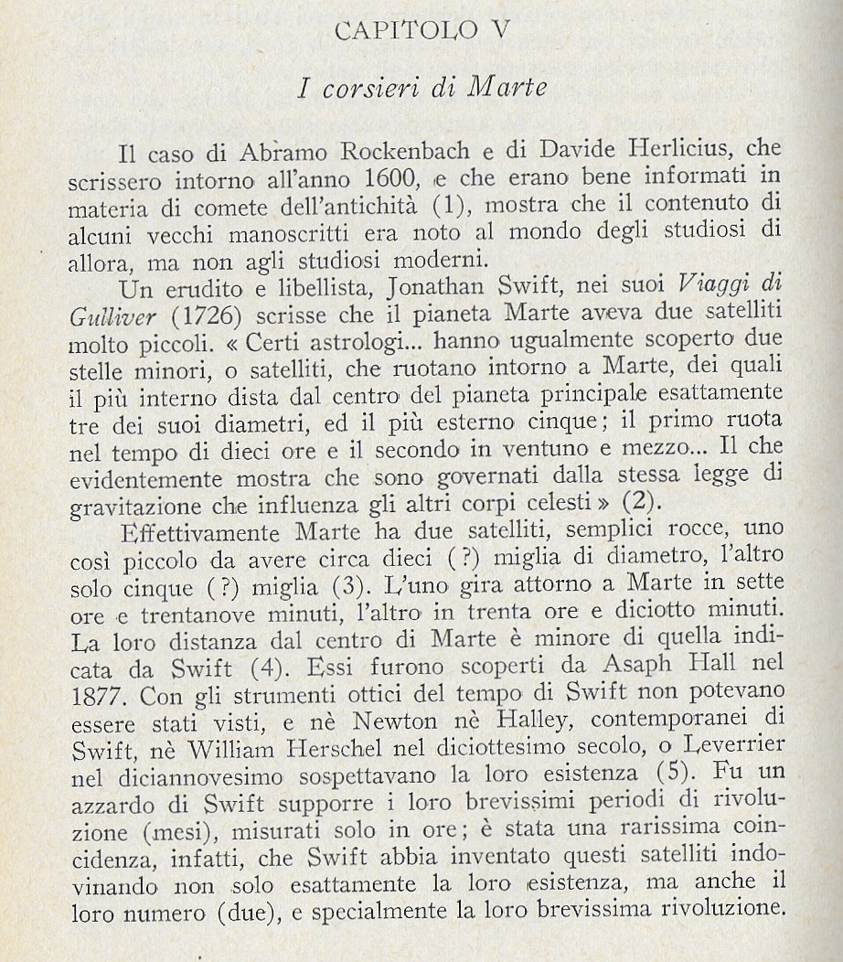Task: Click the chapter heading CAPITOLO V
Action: click(421, 30)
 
